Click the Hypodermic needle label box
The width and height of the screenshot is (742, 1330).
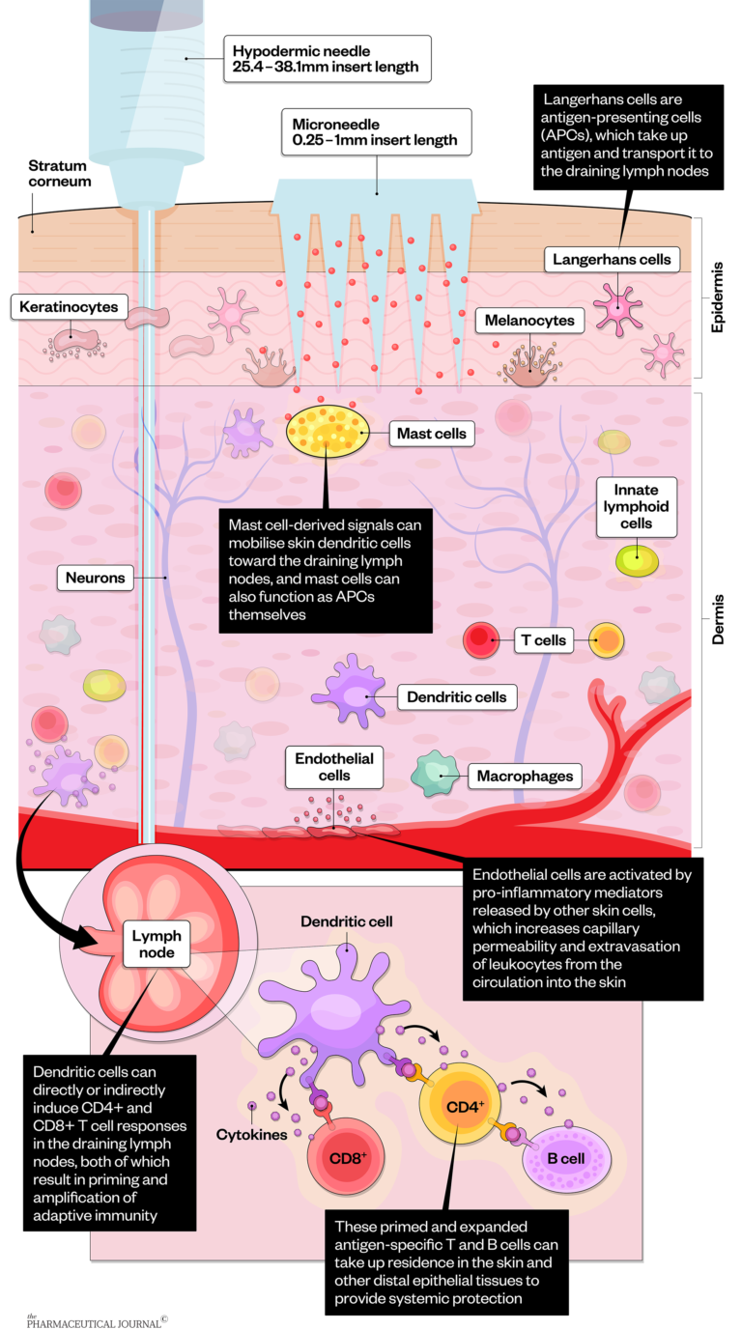[327, 59]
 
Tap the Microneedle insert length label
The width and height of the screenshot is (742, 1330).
[375, 130]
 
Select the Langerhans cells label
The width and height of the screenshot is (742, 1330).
[611, 259]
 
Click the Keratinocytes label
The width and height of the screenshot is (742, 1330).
[69, 307]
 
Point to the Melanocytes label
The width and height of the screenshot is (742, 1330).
[529, 321]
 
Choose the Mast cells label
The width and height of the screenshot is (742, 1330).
[431, 434]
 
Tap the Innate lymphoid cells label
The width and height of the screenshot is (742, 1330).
[636, 506]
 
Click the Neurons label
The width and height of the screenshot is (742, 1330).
[96, 579]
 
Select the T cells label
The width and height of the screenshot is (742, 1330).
[544, 639]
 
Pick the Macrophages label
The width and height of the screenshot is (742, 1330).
[525, 776]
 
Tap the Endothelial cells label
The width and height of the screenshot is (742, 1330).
[334, 767]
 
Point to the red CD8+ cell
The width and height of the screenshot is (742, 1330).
[346, 1157]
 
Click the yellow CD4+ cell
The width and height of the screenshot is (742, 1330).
[465, 1106]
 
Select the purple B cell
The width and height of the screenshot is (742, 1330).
[566, 1157]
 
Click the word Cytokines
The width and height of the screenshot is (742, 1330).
[251, 1134]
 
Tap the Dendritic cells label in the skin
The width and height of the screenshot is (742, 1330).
[456, 696]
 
